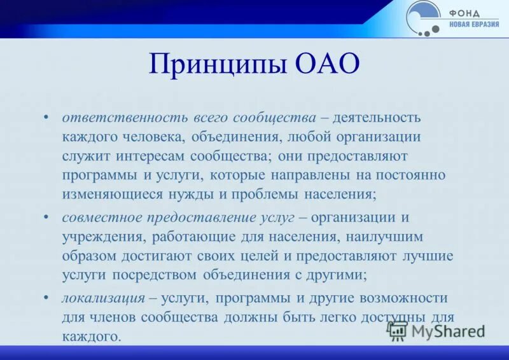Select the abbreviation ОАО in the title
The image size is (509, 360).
click(x=326, y=66)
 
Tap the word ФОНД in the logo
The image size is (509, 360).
click(x=466, y=13)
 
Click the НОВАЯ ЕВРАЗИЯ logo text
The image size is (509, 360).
click(x=475, y=25)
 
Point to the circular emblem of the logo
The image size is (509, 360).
click(x=423, y=17)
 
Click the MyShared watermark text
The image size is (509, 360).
click(x=448, y=331)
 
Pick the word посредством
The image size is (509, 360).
click(x=155, y=275)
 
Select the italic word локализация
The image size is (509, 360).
click(x=101, y=298)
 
